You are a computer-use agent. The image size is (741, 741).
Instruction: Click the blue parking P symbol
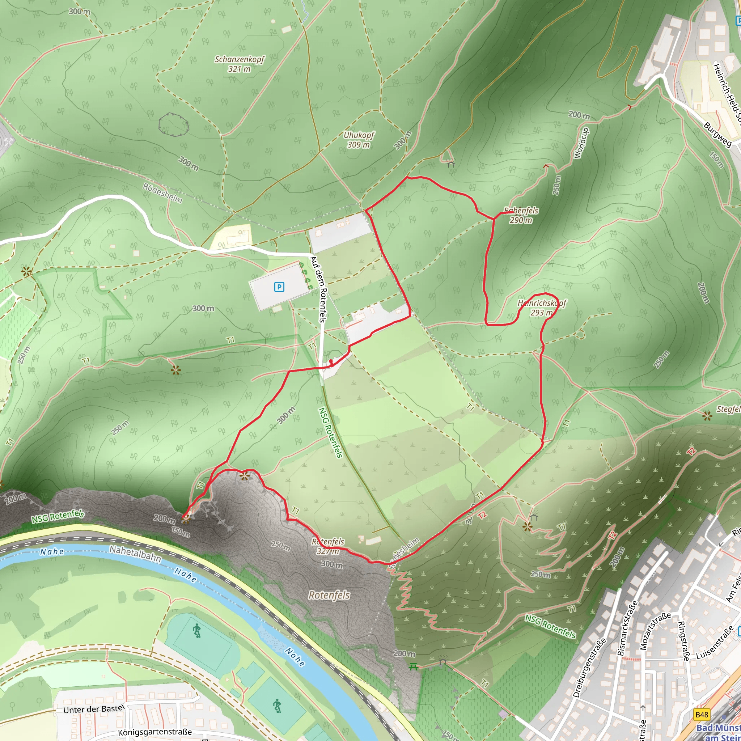point(279,287)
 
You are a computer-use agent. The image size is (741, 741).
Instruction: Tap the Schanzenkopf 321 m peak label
point(239,64)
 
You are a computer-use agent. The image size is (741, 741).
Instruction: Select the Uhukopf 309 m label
point(359,140)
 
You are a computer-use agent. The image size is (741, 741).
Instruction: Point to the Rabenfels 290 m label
point(521,215)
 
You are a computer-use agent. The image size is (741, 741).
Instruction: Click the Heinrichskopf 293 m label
point(542,308)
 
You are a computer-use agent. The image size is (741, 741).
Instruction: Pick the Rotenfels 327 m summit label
point(328,546)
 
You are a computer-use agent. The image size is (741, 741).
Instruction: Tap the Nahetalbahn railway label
point(135,554)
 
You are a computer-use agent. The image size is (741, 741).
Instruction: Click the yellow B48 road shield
point(702,714)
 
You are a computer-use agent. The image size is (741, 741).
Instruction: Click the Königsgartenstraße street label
point(154,732)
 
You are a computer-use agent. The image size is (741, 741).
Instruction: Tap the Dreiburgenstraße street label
point(589,667)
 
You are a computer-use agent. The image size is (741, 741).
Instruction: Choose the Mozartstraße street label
point(655,631)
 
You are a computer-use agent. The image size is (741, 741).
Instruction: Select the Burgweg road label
point(717,134)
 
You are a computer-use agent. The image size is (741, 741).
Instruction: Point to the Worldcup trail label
point(581,143)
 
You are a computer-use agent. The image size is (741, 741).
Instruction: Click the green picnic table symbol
point(413,666)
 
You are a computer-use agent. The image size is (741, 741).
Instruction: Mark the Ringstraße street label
point(683,641)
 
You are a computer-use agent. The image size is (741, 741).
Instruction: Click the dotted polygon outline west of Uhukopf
point(174,124)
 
